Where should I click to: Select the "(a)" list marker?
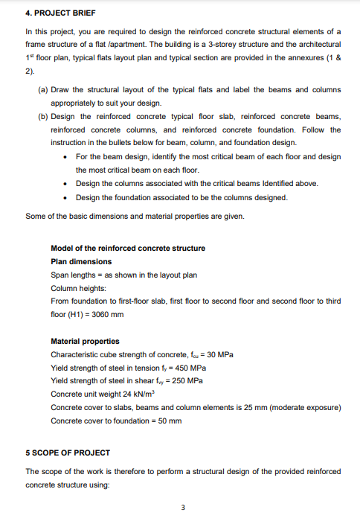[x=43, y=89]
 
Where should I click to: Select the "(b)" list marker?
[x=43, y=116]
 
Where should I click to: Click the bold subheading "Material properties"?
[x=85, y=341]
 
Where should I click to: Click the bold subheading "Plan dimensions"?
[x=81, y=261]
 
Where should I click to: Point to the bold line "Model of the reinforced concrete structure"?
[x=127, y=248]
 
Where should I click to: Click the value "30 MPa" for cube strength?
[x=220, y=354]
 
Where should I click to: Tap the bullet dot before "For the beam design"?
[x=68, y=156]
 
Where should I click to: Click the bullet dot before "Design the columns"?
[x=68, y=183]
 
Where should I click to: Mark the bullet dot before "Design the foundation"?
[x=68, y=196]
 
